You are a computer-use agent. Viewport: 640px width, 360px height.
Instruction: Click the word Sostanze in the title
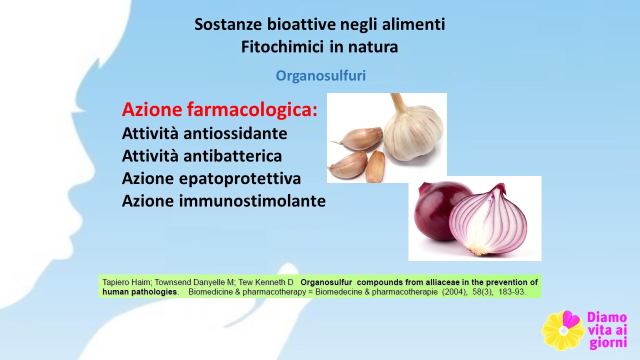[228, 24]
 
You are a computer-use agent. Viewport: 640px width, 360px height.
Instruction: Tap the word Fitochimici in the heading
[282, 47]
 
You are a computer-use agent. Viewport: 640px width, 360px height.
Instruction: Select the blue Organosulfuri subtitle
[320, 76]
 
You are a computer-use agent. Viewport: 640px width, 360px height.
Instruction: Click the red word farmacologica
[252, 110]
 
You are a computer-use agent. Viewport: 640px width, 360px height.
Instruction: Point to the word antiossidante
[235, 133]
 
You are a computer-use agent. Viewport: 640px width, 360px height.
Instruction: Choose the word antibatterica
[232, 156]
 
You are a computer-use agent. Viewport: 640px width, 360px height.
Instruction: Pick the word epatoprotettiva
[240, 179]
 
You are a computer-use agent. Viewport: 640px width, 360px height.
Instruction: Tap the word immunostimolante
[252, 200]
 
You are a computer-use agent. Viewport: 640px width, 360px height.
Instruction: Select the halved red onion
[488, 220]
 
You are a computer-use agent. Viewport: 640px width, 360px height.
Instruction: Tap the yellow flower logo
[563, 330]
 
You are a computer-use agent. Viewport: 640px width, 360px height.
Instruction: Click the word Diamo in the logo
[607, 317]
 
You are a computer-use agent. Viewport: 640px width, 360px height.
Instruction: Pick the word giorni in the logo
[608, 343]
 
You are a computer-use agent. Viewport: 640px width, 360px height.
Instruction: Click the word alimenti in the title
[413, 24]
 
